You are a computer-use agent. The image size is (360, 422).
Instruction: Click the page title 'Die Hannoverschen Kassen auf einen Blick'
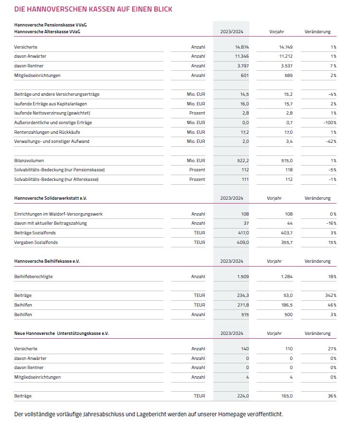(93, 9)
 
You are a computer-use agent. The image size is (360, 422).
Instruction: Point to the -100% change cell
(330, 123)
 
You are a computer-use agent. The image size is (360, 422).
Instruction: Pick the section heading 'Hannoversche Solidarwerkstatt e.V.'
(50, 198)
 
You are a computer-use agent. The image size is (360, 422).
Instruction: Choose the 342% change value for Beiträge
(330, 295)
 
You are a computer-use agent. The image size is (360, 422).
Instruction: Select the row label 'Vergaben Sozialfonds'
(36, 242)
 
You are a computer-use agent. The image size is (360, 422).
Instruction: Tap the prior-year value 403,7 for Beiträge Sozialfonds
(286, 232)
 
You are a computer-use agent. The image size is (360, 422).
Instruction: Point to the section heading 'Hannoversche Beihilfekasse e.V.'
(47, 261)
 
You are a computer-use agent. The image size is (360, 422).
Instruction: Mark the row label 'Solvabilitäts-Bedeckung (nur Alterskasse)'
(56, 179)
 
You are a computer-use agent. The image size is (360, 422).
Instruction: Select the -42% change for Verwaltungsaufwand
(331, 141)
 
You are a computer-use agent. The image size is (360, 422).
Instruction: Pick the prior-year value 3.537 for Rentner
(286, 65)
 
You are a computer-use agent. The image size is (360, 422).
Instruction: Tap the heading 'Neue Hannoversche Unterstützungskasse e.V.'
(62, 333)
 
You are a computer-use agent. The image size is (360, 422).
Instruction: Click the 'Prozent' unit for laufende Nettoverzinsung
(197, 113)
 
